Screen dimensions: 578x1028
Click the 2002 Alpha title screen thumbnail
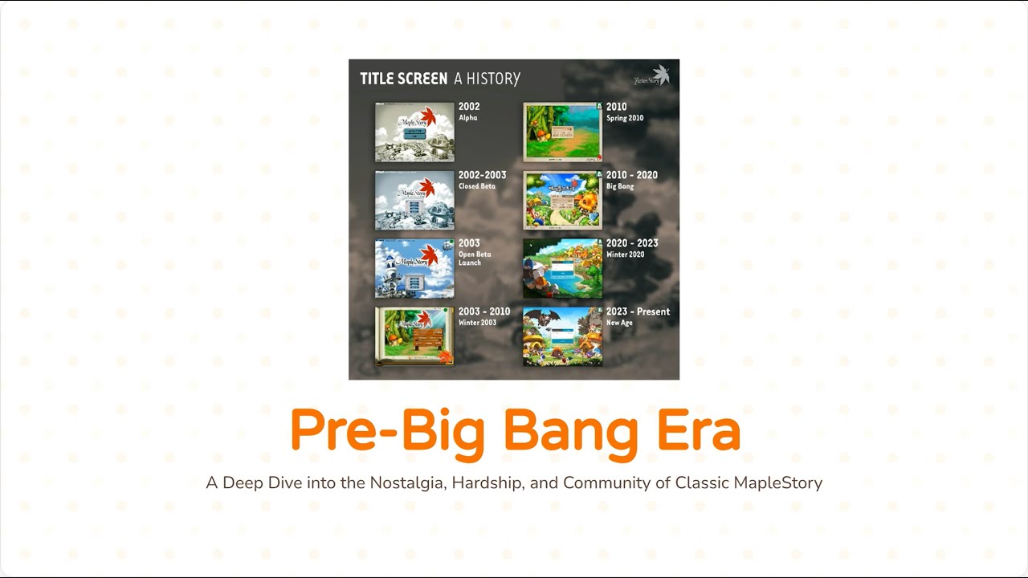coord(414,132)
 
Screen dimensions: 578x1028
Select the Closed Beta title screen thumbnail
coord(414,200)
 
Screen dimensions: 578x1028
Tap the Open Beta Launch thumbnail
coord(414,268)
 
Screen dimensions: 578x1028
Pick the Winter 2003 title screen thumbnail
coord(414,336)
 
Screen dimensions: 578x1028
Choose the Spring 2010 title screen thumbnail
coord(562,132)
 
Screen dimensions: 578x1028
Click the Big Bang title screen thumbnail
coord(562,200)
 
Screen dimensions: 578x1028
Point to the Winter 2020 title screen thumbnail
coord(562,268)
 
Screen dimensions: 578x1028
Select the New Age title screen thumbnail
coord(562,336)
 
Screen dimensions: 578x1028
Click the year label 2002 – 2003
coord(482,175)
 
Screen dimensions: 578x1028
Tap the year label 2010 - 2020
coord(631,175)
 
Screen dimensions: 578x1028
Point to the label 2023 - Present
coord(638,311)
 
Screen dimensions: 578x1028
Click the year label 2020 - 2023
coord(631,243)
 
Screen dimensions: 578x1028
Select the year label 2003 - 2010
coord(483,311)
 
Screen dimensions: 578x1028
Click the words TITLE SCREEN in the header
coord(403,79)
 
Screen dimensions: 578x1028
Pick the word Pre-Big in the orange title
coord(387,431)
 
